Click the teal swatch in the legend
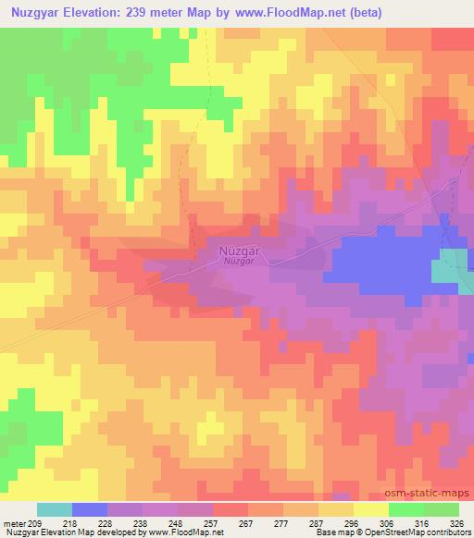[55, 509]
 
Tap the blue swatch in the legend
[90, 509]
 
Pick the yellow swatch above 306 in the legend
[370, 509]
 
